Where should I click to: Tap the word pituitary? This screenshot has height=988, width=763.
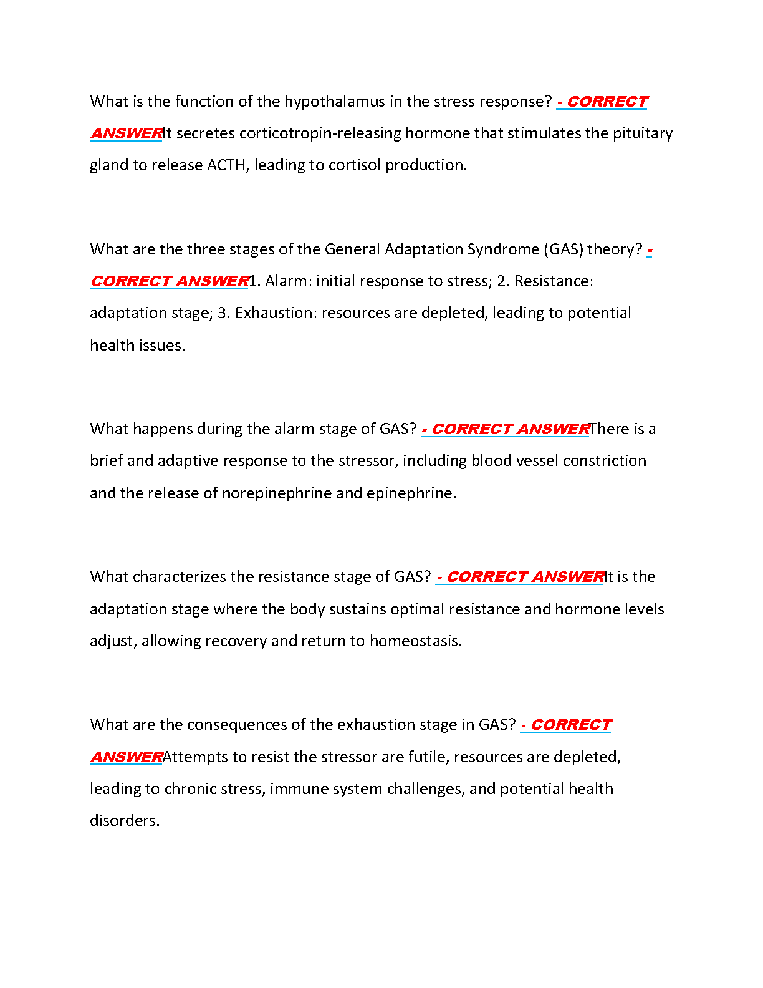[x=645, y=133]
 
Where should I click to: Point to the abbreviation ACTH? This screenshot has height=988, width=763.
[x=226, y=165]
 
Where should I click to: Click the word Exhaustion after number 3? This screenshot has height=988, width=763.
[x=276, y=313]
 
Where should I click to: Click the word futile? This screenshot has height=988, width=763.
[x=428, y=757]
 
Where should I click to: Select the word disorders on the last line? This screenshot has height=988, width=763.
[x=124, y=821]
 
